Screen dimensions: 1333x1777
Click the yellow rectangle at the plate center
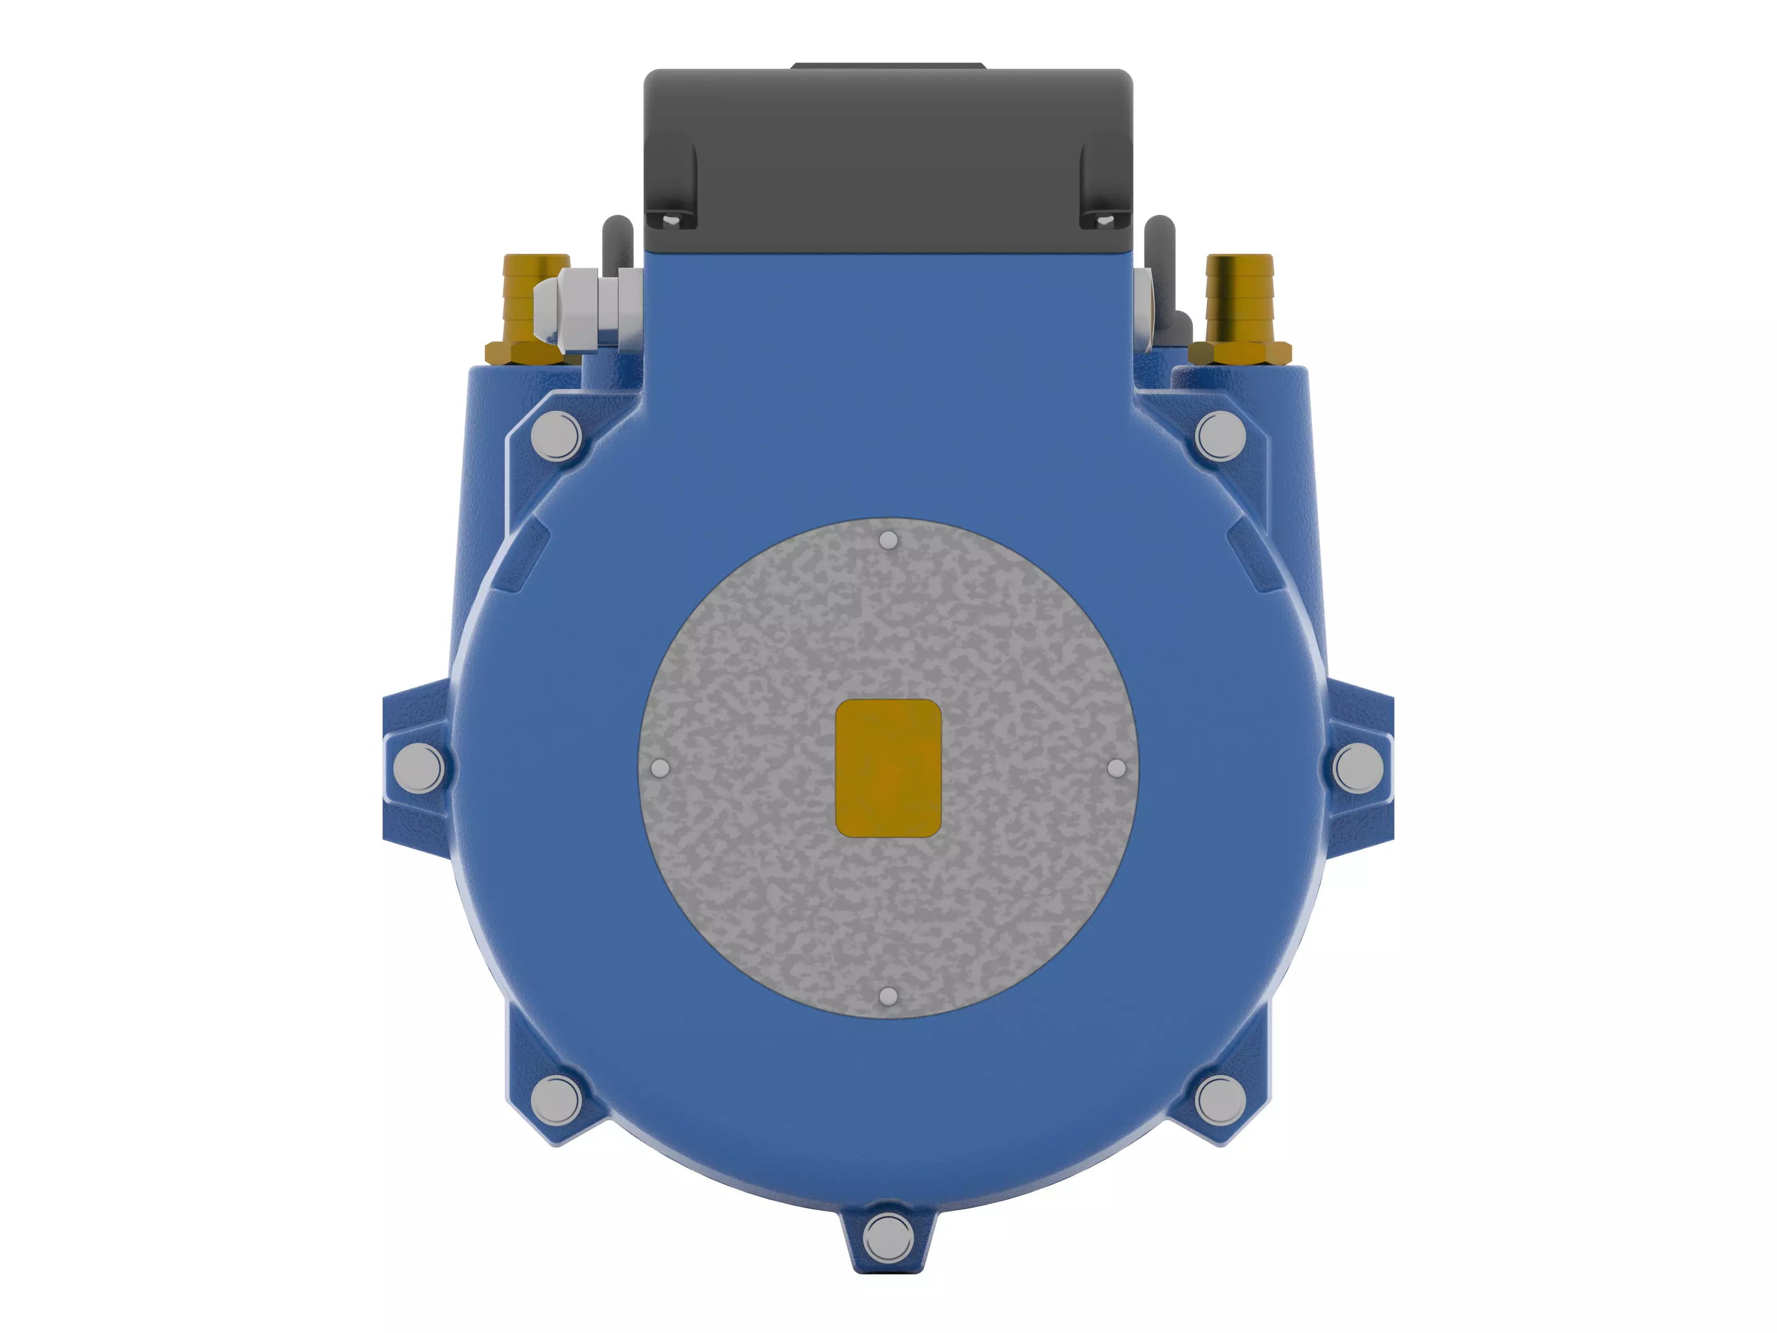(888, 768)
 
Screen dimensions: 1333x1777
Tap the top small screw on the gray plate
(888, 540)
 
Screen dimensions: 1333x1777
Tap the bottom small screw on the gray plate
(888, 996)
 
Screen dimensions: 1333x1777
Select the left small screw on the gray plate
(660, 768)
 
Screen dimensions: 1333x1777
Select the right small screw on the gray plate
(1116, 768)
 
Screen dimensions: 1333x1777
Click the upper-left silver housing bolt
(556, 435)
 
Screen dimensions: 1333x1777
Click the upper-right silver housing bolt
(1220, 435)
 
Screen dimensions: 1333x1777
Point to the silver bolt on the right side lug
(1358, 768)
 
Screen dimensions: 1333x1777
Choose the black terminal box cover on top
(888, 153)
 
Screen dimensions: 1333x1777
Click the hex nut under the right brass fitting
(1239, 353)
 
